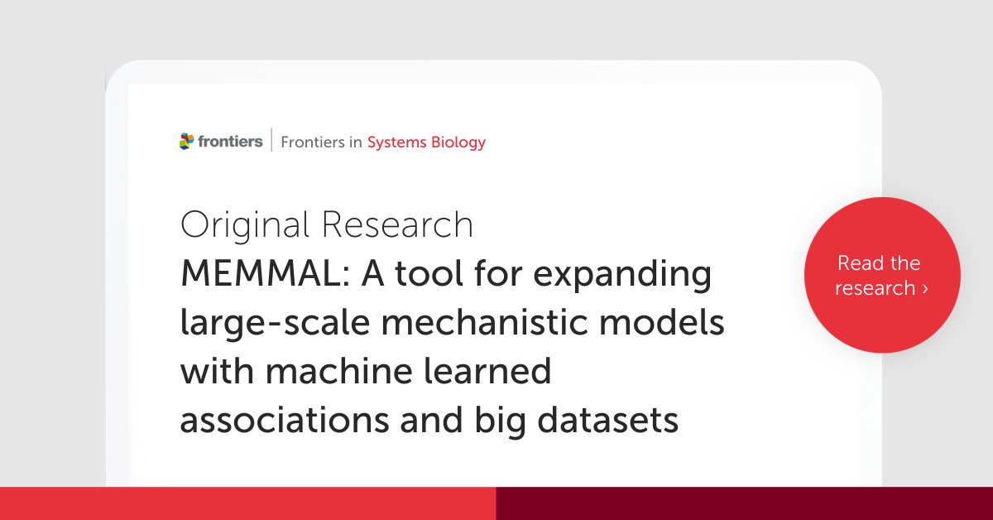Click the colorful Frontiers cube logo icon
(x=188, y=142)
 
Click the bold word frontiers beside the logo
(x=230, y=142)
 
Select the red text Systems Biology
(x=426, y=142)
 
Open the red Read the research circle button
(x=882, y=276)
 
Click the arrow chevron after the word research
(x=925, y=289)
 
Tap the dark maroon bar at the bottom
(x=744, y=503)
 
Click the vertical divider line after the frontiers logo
(x=271, y=142)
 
